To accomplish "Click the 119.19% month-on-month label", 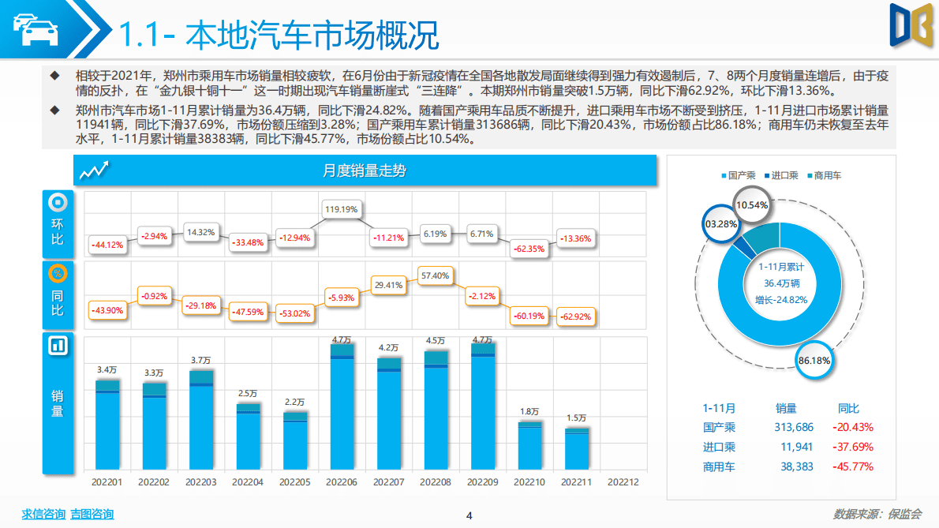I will [341, 210].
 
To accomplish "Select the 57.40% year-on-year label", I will [435, 276].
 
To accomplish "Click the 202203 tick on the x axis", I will [200, 481].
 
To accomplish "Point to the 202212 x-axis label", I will [623, 481].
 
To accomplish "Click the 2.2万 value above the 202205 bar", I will [295, 402].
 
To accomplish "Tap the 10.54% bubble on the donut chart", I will [751, 204].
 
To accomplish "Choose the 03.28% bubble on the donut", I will [720, 224].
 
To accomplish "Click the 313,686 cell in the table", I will [793, 427].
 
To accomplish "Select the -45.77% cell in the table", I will [852, 466].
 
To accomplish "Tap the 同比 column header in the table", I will [848, 408].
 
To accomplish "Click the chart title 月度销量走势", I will [365, 170].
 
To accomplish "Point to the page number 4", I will [469, 515].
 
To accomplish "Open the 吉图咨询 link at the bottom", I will [92, 515].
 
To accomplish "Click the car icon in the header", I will [35, 29].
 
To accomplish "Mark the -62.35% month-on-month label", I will [529, 248].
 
